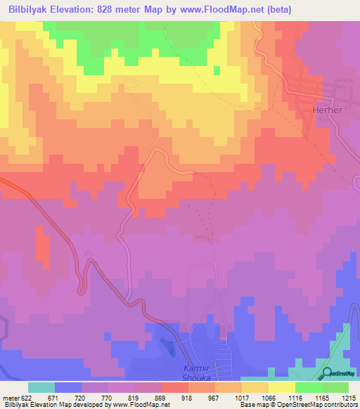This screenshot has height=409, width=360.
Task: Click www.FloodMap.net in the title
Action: pyautogui.click(x=220, y=9)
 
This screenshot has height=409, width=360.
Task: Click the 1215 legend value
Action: pyautogui.click(x=349, y=398)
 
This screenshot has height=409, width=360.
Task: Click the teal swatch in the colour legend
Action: pyautogui.click(x=41, y=387)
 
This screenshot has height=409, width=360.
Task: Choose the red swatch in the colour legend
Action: pyautogui.click(x=175, y=387)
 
